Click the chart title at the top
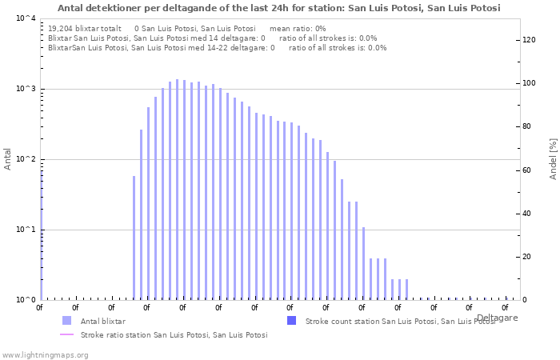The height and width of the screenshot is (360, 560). pyautogui.click(x=279, y=8)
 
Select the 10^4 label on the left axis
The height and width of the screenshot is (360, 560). pyautogui.click(x=26, y=18)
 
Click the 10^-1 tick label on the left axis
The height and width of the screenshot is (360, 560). pyautogui.click(x=26, y=230)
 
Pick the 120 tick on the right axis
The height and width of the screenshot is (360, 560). pyautogui.click(x=529, y=40)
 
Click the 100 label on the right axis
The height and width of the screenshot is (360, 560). pyautogui.click(x=529, y=83)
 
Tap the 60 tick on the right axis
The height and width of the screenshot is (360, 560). pyautogui.click(x=526, y=170)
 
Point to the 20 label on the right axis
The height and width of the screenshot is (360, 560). pyautogui.click(x=526, y=257)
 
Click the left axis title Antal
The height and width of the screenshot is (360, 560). pyautogui.click(x=7, y=159)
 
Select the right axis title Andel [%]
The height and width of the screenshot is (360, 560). pyautogui.click(x=553, y=159)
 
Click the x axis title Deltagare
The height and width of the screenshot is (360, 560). pyautogui.click(x=497, y=318)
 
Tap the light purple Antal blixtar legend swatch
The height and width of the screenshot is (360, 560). pyautogui.click(x=66, y=321)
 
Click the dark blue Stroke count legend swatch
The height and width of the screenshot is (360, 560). pyautogui.click(x=292, y=321)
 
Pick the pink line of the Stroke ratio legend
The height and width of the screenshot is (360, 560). pyautogui.click(x=66, y=334)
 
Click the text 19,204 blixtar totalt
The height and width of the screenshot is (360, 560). pyautogui.click(x=85, y=29)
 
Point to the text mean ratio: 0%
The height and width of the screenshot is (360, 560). pyautogui.click(x=298, y=29)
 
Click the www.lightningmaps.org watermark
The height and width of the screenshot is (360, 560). pyautogui.click(x=45, y=355)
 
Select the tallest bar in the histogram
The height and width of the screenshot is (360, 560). pyautogui.click(x=177, y=190)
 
